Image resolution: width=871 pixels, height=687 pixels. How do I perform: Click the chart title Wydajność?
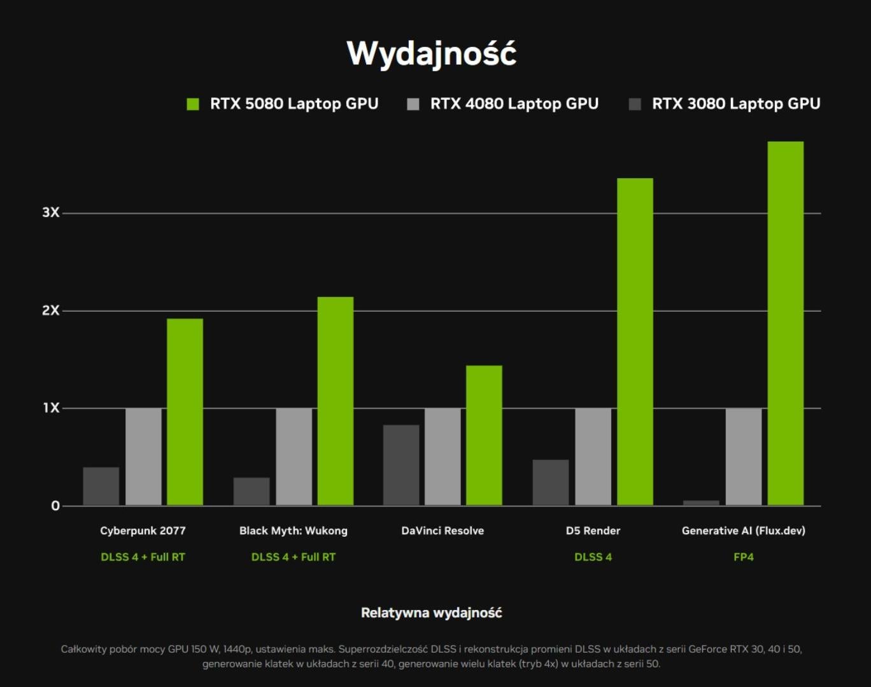point(431,53)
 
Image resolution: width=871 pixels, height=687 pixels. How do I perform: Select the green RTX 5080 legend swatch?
point(192,104)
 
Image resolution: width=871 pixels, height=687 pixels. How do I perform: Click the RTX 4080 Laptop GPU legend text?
point(514,104)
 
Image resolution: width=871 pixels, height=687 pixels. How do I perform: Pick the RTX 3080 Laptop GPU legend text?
point(735,104)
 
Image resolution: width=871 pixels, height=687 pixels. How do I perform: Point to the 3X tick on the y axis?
point(50,212)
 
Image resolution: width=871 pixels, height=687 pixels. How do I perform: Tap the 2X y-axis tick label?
point(50,310)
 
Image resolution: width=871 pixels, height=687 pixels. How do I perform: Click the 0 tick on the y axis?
point(55,506)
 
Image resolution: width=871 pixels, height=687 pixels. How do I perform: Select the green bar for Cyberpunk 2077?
point(185,412)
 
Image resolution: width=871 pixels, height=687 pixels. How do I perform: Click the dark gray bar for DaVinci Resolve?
point(401,465)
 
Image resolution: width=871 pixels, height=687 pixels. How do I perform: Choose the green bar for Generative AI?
point(785,323)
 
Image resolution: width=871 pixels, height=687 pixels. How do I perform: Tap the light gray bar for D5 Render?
point(593,457)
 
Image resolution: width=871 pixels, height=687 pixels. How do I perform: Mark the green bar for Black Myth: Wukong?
point(335,401)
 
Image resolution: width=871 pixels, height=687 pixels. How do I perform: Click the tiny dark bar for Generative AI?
point(701,503)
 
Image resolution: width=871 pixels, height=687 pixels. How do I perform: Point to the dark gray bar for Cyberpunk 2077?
point(101,487)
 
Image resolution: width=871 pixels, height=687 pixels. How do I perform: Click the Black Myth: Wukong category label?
point(293,531)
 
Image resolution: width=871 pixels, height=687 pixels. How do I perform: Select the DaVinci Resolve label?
point(443,531)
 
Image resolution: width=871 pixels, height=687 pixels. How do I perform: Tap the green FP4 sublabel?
point(743,557)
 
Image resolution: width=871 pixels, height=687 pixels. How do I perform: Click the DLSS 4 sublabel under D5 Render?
point(593,557)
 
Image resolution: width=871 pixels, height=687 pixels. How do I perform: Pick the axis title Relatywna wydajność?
point(431,613)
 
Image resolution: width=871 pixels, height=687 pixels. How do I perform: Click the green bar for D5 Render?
point(635,342)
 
